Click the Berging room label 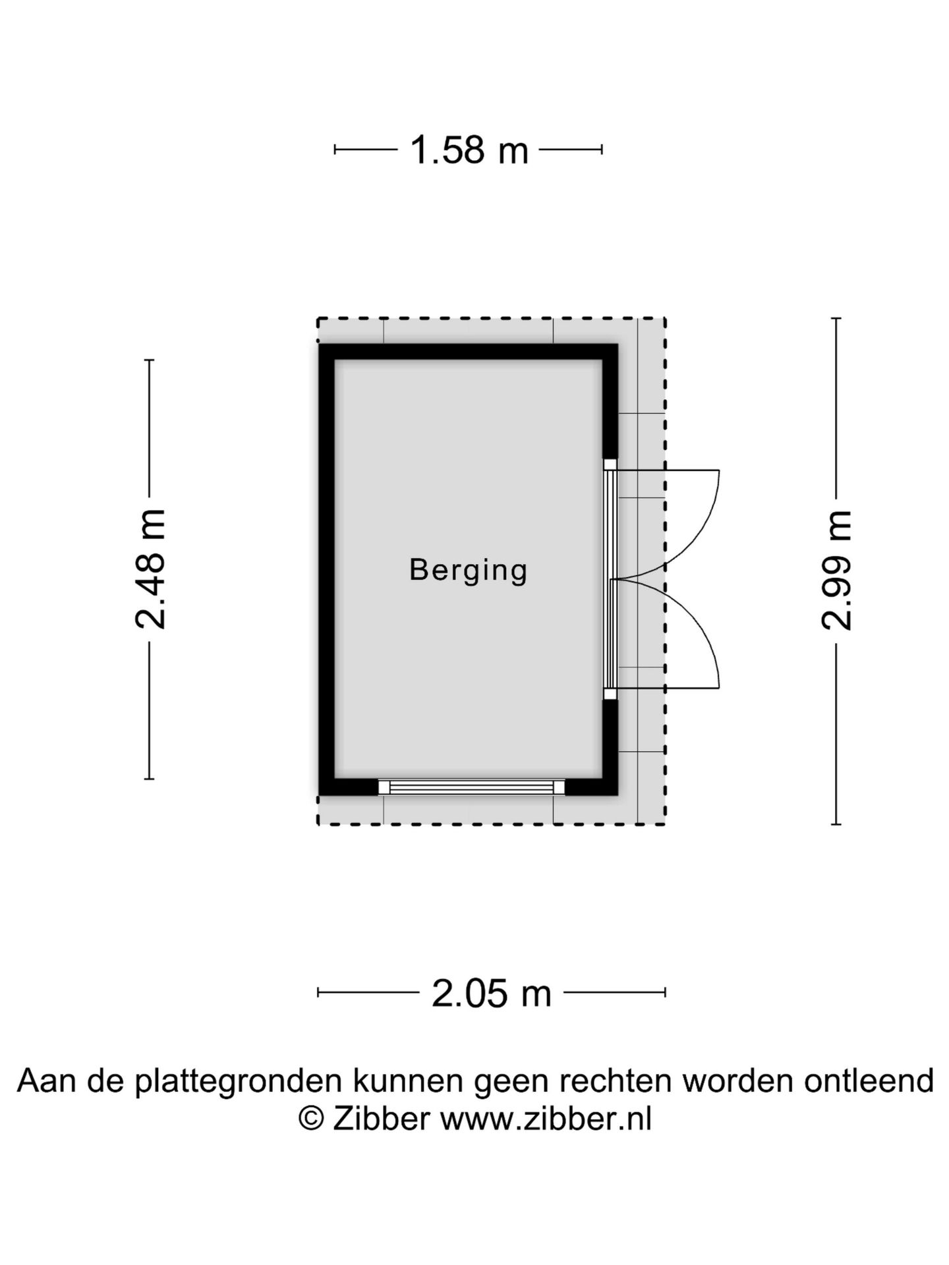pyautogui.click(x=469, y=571)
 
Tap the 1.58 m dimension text pyautogui.click(x=469, y=150)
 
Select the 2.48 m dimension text pyautogui.click(x=150, y=569)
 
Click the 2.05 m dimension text pyautogui.click(x=492, y=993)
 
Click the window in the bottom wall pyautogui.click(x=472, y=787)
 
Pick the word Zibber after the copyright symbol pyautogui.click(x=382, y=1119)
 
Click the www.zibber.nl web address pyautogui.click(x=546, y=1119)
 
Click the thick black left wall pyautogui.click(x=327, y=570)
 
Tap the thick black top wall pyautogui.click(x=469, y=352)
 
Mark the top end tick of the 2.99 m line pyautogui.click(x=836, y=319)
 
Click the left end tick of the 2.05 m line pyautogui.click(x=318, y=992)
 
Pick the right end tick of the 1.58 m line pyautogui.click(x=602, y=150)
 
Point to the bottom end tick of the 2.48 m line pyautogui.click(x=150, y=779)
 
